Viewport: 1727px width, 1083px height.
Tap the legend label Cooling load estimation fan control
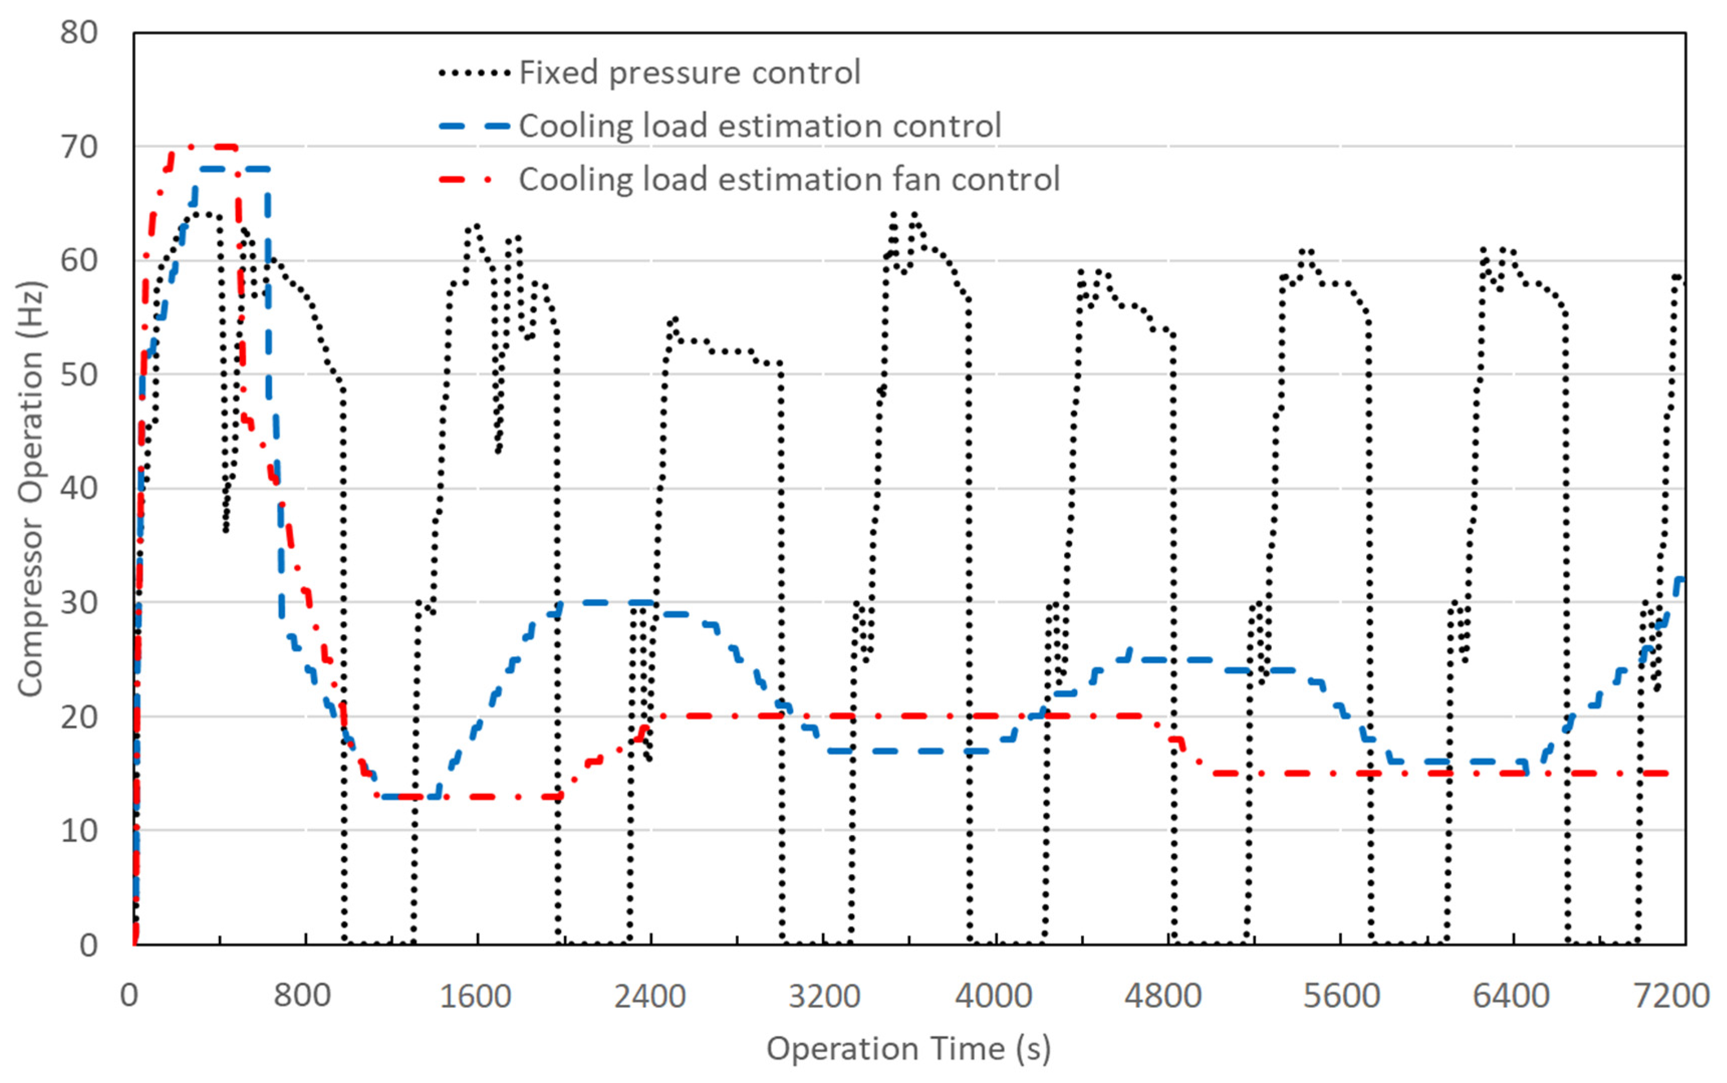[x=789, y=180]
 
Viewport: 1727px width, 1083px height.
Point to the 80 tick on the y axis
[x=79, y=33]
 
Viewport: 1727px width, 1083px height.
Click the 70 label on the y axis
[x=79, y=147]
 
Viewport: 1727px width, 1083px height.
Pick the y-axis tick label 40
[x=79, y=489]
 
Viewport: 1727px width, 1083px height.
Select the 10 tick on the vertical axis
[x=79, y=831]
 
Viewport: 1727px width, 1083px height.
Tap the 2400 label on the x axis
[x=649, y=996]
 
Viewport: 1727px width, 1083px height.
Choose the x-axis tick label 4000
[x=993, y=996]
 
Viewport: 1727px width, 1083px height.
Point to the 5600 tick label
[x=1341, y=996]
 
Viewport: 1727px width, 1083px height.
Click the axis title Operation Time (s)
[x=908, y=1048]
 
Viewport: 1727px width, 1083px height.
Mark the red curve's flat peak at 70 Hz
[x=215, y=147]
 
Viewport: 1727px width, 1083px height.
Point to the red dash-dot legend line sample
[x=466, y=180]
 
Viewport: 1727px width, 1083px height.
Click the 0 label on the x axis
[x=129, y=996]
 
